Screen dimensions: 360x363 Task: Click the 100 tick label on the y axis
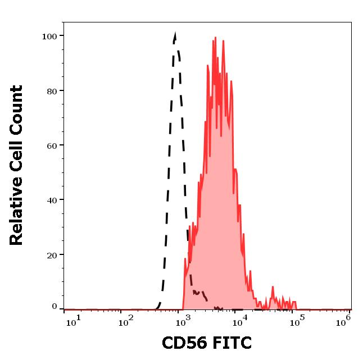point(49,37)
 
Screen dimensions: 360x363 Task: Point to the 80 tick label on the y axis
point(52,91)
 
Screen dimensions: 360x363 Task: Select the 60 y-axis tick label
point(52,145)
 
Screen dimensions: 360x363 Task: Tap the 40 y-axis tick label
point(52,200)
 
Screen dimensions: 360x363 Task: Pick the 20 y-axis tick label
point(52,254)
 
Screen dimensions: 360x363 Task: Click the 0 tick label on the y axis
point(55,307)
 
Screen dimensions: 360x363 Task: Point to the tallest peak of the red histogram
point(214,39)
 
